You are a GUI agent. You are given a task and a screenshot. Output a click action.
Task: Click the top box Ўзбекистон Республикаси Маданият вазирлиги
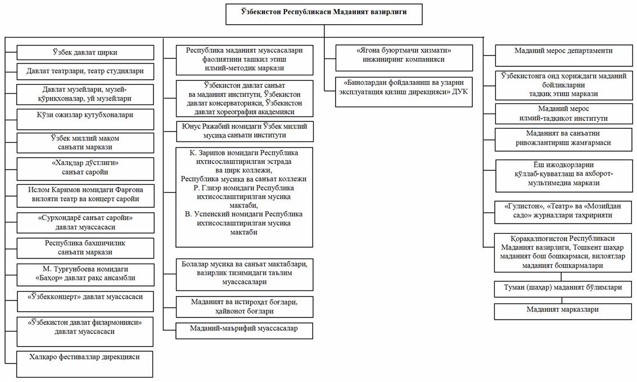click(324, 15)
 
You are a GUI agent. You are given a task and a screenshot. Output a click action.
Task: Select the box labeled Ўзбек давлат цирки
click(85, 53)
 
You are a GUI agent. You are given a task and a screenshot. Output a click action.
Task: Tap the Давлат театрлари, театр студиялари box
click(85, 71)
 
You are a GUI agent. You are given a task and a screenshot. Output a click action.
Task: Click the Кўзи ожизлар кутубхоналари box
click(85, 119)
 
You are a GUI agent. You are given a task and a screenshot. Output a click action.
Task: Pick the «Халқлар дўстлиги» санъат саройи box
click(85, 169)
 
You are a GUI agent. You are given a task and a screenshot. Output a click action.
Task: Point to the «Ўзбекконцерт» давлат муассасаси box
click(85, 301)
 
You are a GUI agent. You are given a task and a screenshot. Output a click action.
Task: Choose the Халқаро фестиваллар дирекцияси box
click(85, 364)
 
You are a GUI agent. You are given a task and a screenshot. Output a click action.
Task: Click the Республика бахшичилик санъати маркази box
click(85, 248)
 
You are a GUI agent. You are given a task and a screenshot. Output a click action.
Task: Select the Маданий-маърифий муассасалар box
click(244, 330)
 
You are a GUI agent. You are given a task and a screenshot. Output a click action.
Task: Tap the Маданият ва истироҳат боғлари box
click(245, 307)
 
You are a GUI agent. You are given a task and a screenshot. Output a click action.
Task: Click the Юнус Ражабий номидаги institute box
click(245, 131)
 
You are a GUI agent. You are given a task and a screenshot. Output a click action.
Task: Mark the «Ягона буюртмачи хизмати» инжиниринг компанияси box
click(404, 58)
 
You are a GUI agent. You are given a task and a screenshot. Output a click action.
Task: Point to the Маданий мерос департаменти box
click(564, 56)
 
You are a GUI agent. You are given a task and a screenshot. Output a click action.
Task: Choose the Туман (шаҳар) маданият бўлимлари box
click(563, 289)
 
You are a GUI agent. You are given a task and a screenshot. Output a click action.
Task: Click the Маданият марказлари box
click(563, 311)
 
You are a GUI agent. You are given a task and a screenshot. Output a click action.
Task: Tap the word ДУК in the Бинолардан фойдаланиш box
click(460, 92)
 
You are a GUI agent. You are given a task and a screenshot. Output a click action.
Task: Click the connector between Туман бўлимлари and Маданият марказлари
click(562, 301)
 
